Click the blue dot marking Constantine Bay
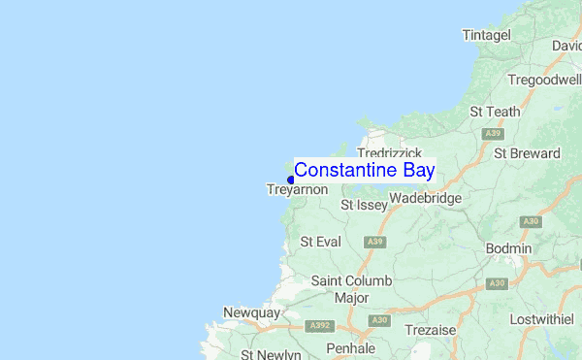291,180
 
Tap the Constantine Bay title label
364,170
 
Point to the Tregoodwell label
544,80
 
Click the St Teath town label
494,112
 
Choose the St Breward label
527,153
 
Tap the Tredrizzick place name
389,153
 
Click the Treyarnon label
297,190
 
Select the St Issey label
364,205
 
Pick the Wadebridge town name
425,199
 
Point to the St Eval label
320,241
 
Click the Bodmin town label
508,248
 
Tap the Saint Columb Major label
351,288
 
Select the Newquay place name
250,312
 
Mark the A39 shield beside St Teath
493,133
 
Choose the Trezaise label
430,330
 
